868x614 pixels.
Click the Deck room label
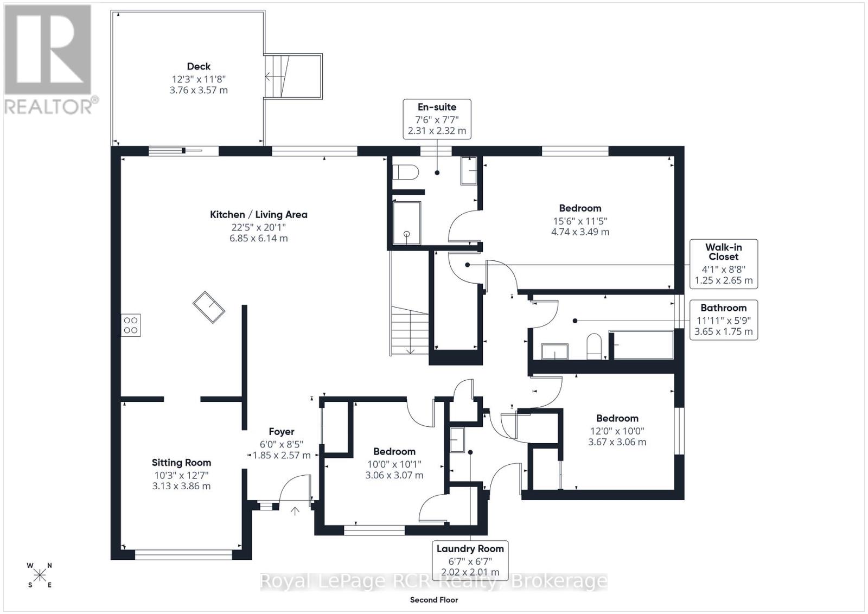pos(199,66)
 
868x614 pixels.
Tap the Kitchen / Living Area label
pos(258,215)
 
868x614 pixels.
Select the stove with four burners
pos(131,325)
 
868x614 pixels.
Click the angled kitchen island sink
pos(209,307)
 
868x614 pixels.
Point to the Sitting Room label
pos(181,463)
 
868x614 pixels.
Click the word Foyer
pos(282,432)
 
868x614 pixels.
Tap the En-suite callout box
pos(437,119)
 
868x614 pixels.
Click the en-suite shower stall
pos(406,223)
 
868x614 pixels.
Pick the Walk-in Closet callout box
pos(724,264)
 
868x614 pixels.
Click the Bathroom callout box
pos(724,320)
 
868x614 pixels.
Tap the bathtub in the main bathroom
pos(642,345)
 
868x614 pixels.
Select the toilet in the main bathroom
pos(593,346)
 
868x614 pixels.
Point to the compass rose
pos(40,575)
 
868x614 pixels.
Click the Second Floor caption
pos(434,600)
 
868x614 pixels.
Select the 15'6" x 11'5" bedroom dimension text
pos(580,221)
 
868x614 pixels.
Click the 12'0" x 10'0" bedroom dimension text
pos(617,431)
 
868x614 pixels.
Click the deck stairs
pos(293,76)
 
